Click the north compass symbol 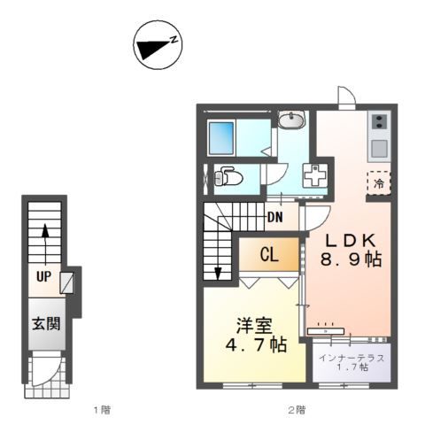point(158,45)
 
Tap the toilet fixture point(228,177)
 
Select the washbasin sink point(292,120)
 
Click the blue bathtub point(221,138)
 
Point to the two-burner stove point(379,121)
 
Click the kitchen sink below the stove point(379,149)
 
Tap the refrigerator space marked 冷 point(379,183)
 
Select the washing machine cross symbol point(315,175)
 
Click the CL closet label point(269,254)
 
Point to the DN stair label point(275,218)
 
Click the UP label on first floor point(44,276)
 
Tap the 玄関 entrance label point(46,324)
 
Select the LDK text point(351,240)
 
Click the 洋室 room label point(254,326)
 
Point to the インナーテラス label point(352,359)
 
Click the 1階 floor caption point(102,410)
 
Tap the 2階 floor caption point(297,410)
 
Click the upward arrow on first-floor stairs point(45,244)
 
